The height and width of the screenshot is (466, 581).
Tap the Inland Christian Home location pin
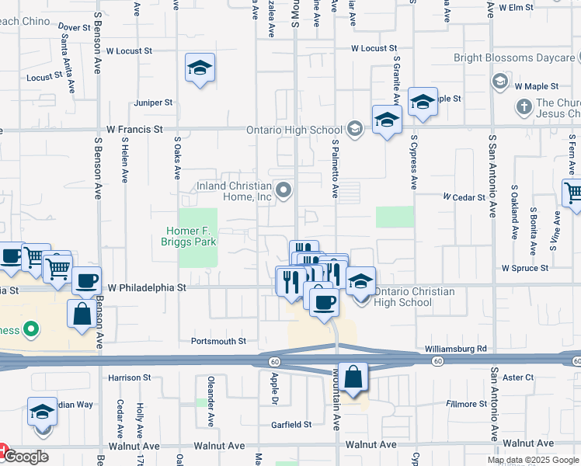tap(284, 190)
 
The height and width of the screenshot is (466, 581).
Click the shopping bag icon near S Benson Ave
tap(82, 315)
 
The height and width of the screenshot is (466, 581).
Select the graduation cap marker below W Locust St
tap(200, 68)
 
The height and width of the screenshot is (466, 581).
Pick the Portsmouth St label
tap(218, 341)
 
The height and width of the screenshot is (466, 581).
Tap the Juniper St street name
tap(153, 103)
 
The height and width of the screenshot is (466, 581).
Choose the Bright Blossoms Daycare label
tap(516, 57)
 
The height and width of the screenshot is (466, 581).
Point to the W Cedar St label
tap(464, 197)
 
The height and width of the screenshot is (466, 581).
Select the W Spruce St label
tap(524, 268)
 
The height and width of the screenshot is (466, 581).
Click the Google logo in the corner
tap(25, 456)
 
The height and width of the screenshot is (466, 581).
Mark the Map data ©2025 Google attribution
tap(533, 460)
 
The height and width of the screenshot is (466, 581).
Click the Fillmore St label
tap(465, 404)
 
